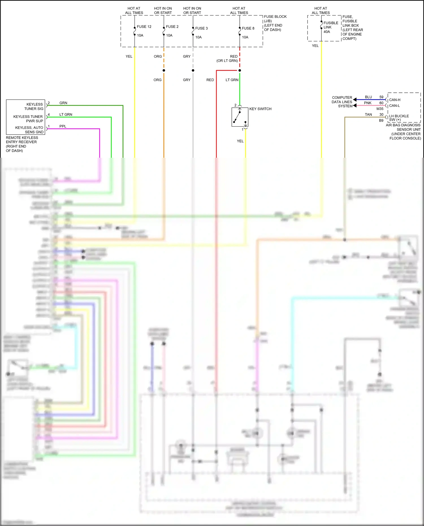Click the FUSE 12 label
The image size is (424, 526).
pos(144,27)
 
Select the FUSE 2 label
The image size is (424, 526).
pos(172,27)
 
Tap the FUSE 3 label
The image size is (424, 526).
pos(201,28)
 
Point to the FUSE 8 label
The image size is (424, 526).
pos(248,28)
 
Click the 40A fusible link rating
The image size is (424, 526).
pos(327,32)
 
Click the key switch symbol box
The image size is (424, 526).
pos(240,117)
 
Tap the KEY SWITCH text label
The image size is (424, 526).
pos(260,109)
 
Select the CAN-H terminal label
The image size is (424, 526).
pos(395,100)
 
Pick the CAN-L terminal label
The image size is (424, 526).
pos(394,106)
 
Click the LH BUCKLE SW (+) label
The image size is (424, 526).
pos(399,118)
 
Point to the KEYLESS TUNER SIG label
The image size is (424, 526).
pos(34,106)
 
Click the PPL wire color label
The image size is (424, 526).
pos(63,126)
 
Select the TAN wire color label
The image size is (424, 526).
pos(368,114)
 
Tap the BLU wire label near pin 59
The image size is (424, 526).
pos(368,97)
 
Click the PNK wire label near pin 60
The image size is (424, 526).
pos(368,103)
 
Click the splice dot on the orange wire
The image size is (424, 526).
pos(164,70)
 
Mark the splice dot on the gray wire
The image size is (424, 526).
pos(193,70)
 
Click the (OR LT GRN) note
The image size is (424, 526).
pos(227,61)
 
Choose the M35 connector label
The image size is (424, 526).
pos(380,109)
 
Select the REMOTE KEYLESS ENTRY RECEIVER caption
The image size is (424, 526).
pos(22,144)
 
